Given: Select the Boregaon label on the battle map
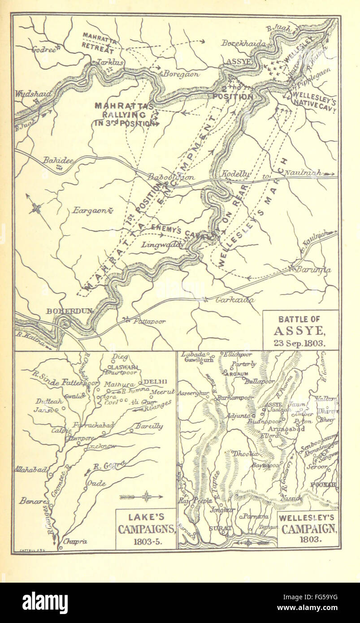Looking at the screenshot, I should pos(181,74).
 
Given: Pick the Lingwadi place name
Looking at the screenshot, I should pos(161,245).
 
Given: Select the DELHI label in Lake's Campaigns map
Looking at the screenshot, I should pos(155,381).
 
